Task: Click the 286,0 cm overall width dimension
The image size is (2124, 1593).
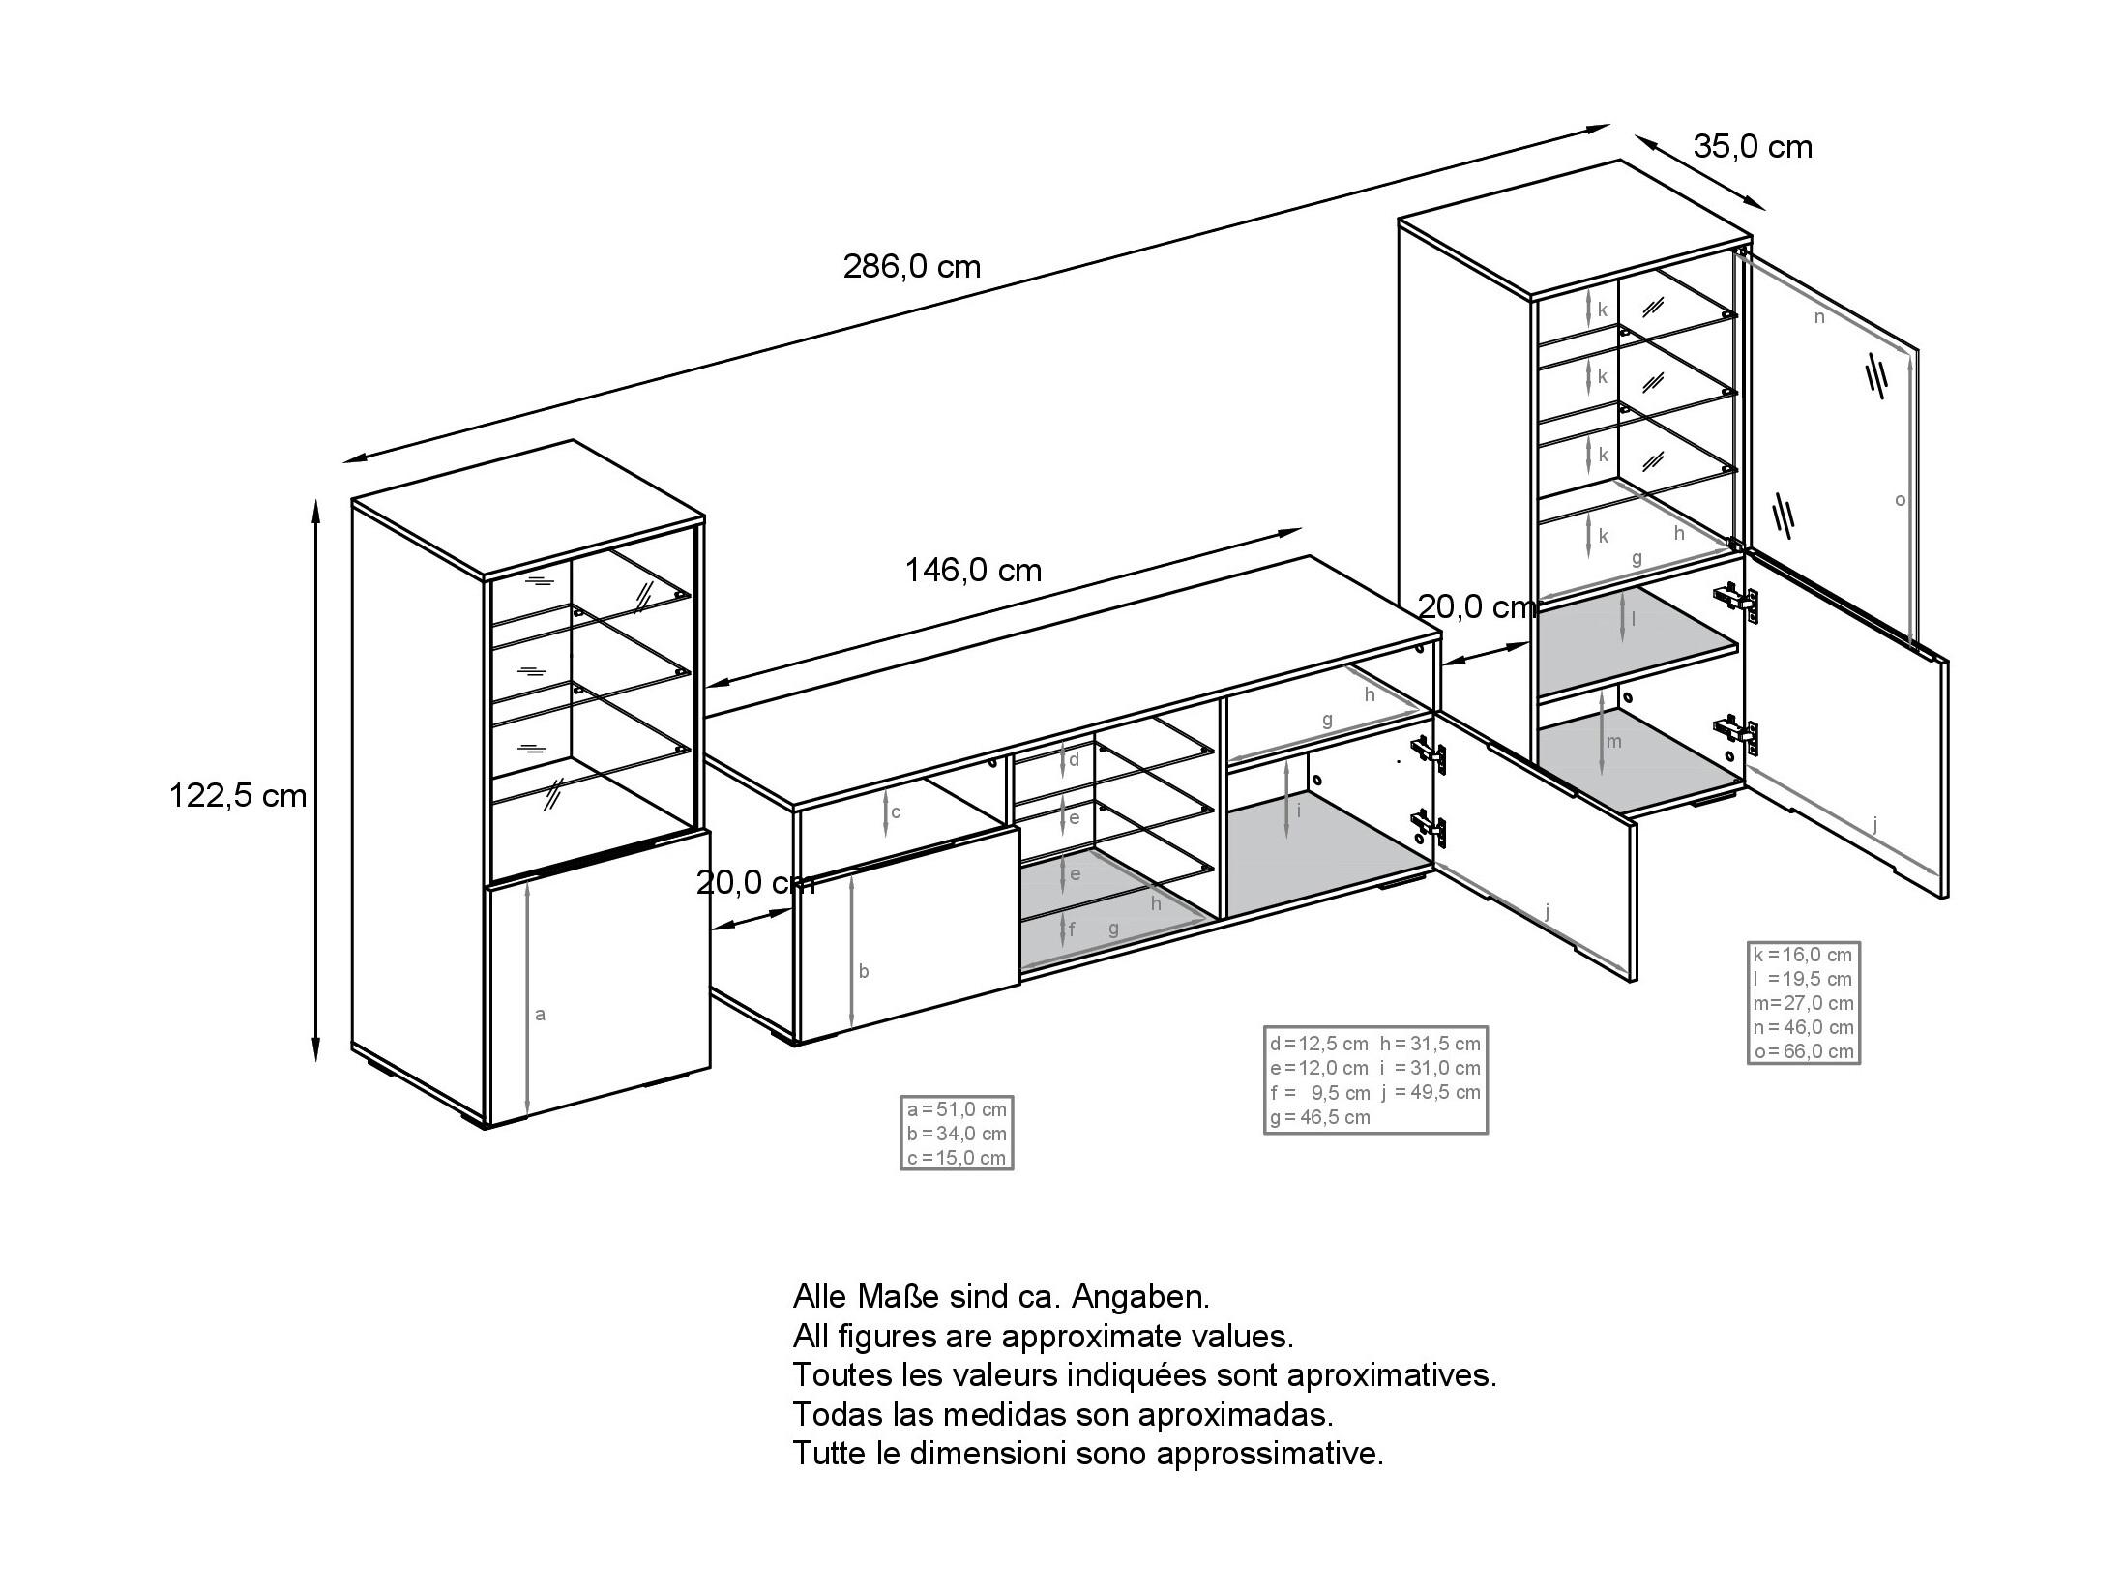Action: [912, 266]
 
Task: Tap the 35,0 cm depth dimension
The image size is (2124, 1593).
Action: [1753, 147]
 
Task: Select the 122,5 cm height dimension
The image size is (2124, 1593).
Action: [238, 795]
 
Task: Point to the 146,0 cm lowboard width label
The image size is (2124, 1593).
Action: [973, 571]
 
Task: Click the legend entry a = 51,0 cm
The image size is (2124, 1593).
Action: [957, 1109]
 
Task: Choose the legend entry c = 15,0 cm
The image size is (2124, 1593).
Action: [957, 1158]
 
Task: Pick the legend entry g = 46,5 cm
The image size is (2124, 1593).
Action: [1320, 1117]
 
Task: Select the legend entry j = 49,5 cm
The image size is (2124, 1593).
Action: [1431, 1093]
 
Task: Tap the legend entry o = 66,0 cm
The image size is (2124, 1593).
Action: [1804, 1051]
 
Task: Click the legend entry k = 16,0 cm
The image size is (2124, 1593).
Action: [1803, 955]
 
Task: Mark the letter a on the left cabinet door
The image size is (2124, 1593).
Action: [541, 1014]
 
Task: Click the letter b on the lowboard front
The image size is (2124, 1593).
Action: [864, 971]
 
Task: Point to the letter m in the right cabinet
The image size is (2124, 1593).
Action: [1613, 742]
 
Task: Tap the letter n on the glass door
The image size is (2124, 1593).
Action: [1819, 316]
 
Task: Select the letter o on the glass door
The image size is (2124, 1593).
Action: [1900, 500]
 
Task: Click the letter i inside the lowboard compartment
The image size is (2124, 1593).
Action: [1298, 811]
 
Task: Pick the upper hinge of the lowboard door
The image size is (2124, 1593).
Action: [1429, 754]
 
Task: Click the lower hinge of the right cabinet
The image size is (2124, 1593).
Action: [1735, 733]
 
